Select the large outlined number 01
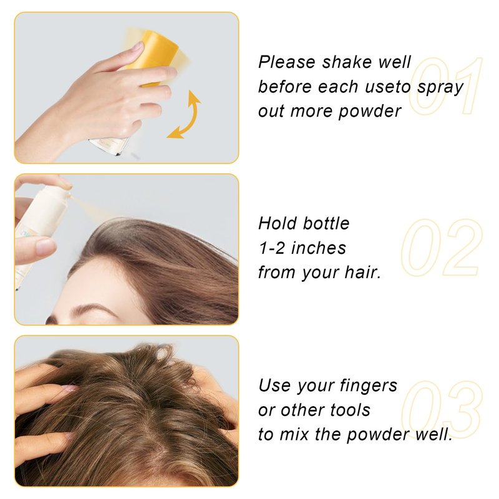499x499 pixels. click(445, 86)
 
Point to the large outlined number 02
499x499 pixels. click(442, 248)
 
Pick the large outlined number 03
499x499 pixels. click(442, 410)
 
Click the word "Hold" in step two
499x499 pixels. click(277, 223)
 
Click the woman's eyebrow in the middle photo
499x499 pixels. click(82, 310)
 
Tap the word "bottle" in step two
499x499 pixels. click(326, 223)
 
